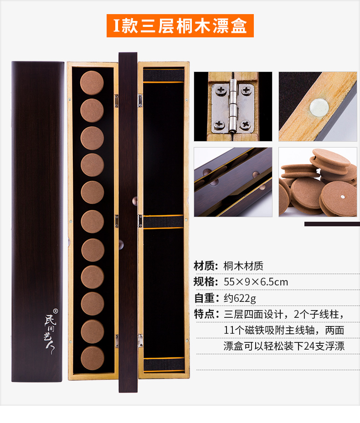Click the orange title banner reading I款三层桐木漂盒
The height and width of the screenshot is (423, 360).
[180, 25]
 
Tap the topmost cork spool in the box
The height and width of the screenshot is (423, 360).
[92, 83]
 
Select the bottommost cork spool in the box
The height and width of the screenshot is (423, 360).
[93, 358]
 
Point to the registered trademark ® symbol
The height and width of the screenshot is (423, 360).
[55, 311]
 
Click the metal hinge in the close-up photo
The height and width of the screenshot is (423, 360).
[233, 107]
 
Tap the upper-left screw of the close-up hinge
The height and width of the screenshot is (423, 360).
[221, 90]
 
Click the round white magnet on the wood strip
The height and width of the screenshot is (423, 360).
[319, 107]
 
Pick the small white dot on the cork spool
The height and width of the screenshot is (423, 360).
[342, 197]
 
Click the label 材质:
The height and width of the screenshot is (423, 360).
[206, 266]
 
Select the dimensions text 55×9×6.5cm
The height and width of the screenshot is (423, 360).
[256, 282]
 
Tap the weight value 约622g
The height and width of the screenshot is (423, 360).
[240, 298]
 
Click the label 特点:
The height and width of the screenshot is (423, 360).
[206, 314]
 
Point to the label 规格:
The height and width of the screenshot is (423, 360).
[206, 282]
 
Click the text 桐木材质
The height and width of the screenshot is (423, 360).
[243, 266]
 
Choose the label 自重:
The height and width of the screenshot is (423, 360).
[206, 298]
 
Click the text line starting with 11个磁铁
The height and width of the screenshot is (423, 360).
[284, 330]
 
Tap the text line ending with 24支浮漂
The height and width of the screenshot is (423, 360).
[284, 346]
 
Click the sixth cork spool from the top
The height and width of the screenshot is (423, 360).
[93, 221]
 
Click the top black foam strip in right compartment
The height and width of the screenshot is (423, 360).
[164, 75]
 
